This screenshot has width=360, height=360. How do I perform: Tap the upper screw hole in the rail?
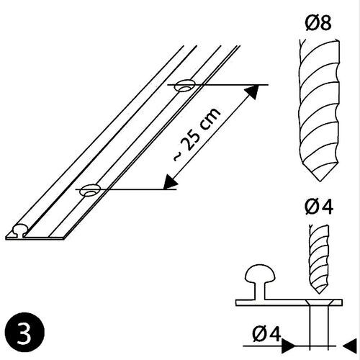click(x=185, y=86)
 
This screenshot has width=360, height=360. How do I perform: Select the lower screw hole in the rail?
click(x=91, y=191)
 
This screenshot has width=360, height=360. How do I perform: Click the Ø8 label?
click(x=317, y=24)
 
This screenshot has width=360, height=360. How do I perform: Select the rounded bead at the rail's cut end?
click(x=18, y=232)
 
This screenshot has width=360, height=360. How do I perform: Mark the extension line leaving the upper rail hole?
click(x=230, y=85)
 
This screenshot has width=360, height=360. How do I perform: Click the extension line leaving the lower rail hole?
click(x=137, y=190)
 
